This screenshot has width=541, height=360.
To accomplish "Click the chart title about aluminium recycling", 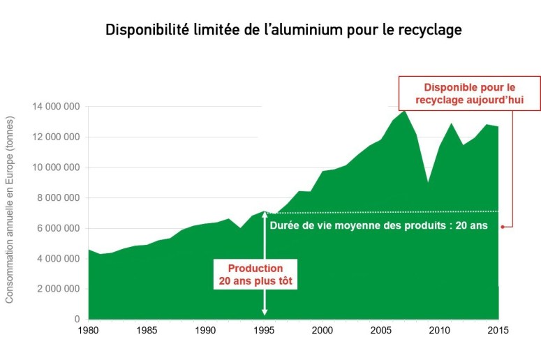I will [283, 31].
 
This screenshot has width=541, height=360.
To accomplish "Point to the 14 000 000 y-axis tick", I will [56, 107].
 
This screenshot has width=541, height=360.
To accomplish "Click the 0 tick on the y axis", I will [77, 320].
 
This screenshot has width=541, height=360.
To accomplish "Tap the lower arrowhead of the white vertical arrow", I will [264, 313].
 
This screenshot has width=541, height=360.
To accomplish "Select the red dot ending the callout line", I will [503, 226].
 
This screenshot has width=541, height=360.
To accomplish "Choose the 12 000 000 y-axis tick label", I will [56, 137].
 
